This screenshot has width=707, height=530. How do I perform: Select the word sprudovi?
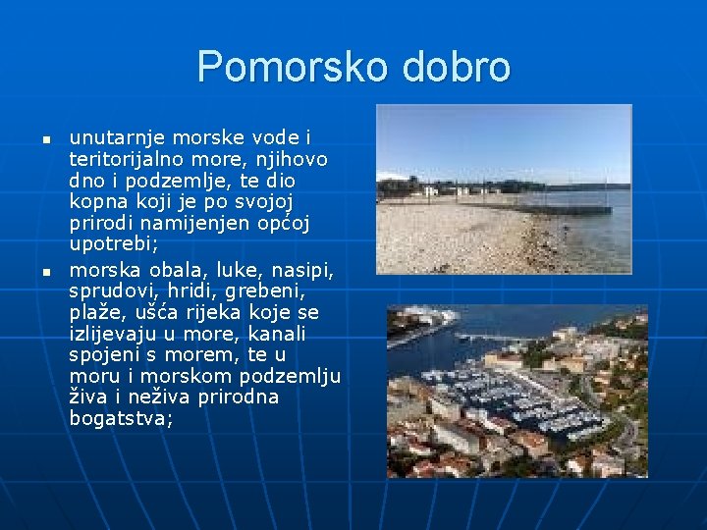pyautogui.click(x=109, y=290)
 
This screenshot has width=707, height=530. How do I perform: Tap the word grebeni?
pyautogui.click(x=268, y=290)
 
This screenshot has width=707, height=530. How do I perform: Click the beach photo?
pyautogui.click(x=504, y=188)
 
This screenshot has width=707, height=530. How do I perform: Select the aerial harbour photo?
pyautogui.click(x=504, y=391)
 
